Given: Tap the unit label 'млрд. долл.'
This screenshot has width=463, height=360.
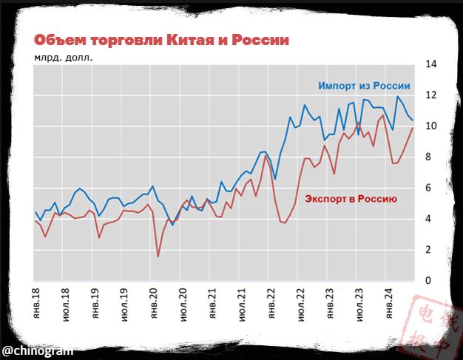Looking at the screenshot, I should tap(63, 57).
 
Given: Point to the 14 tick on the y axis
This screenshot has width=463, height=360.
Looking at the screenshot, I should tap(430, 64).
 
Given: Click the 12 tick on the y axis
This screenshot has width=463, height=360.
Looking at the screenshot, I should tap(430, 95).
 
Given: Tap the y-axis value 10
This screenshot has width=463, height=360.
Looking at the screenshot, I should tap(430, 126).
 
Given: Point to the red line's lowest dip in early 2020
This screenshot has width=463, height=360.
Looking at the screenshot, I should tap(158, 257).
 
